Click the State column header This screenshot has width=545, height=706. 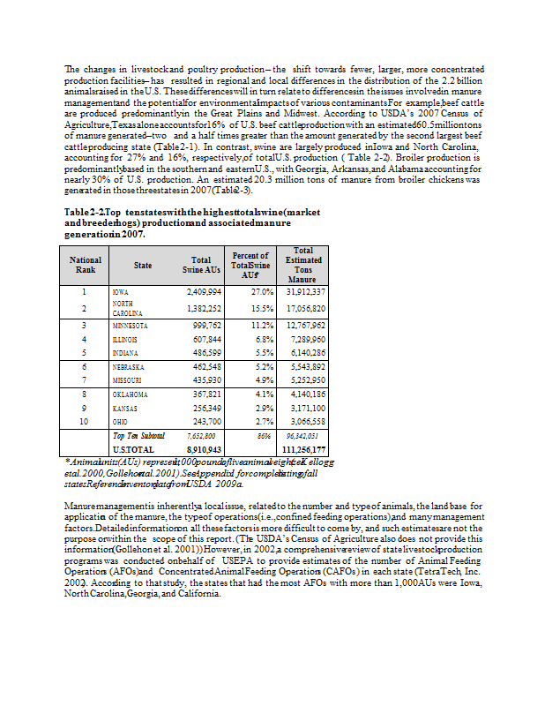(x=142, y=265)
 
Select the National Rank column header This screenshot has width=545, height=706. (x=86, y=265)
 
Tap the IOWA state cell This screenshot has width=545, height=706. (x=121, y=291)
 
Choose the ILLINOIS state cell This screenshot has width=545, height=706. (x=124, y=339)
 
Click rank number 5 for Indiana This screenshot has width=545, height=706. (x=83, y=352)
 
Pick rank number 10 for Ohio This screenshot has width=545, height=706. (x=83, y=423)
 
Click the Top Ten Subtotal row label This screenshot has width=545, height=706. (x=138, y=436)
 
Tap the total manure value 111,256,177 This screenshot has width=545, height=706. (x=302, y=449)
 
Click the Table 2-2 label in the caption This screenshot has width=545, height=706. (x=85, y=214)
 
